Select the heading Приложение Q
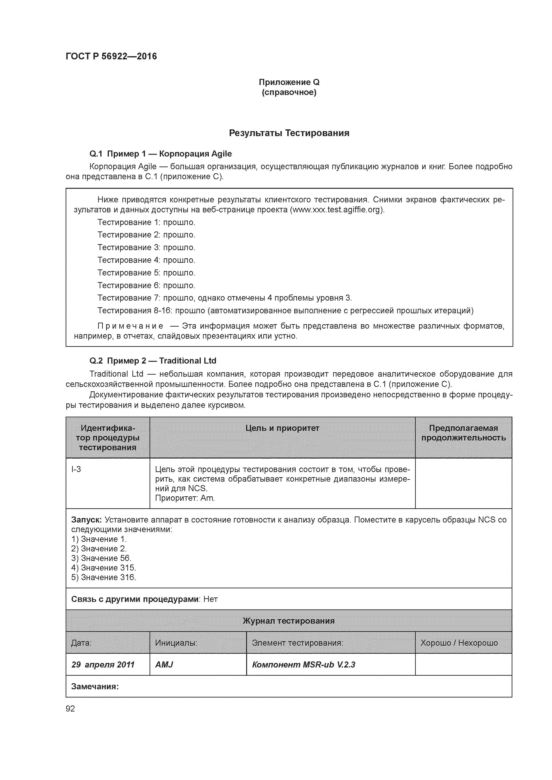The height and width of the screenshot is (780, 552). click(x=289, y=82)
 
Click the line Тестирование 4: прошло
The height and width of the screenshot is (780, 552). click(x=146, y=260)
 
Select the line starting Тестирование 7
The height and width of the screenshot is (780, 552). click(x=225, y=298)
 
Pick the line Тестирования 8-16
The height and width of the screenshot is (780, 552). click(x=285, y=310)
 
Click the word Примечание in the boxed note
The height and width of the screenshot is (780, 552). click(x=130, y=326)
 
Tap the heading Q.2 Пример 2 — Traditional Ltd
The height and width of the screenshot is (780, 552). click(x=153, y=361)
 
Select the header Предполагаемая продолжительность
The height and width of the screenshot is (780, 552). click(x=463, y=433)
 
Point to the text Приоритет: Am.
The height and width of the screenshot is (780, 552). click(x=185, y=498)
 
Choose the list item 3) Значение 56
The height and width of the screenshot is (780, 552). click(x=101, y=558)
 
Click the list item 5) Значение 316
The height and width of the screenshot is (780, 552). click(x=103, y=577)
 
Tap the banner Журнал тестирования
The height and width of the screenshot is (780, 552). click(x=288, y=621)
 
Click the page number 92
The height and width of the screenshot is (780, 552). click(x=70, y=708)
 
